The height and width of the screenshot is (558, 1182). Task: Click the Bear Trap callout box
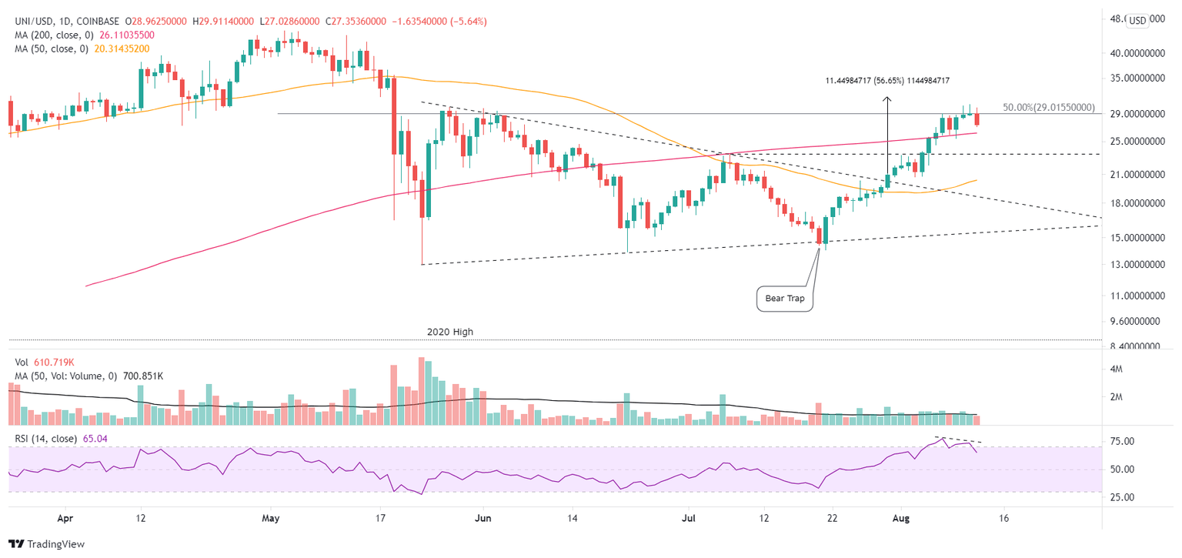click(x=786, y=298)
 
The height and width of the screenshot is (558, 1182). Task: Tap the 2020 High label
click(x=450, y=332)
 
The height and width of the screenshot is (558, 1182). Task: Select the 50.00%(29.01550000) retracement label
click(x=1048, y=109)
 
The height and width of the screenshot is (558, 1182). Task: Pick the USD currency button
click(x=1137, y=21)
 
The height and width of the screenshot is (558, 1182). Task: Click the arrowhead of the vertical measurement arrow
click(x=886, y=99)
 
